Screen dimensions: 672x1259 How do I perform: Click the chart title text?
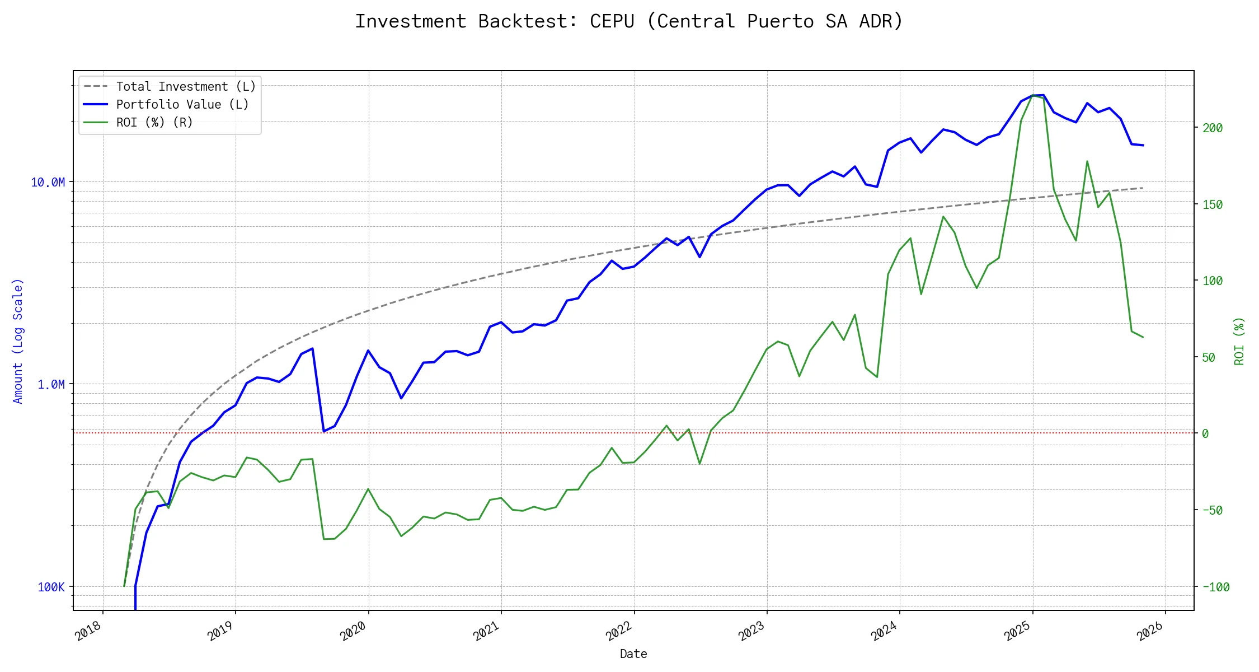click(x=629, y=21)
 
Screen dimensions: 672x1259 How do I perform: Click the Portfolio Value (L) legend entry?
click(x=182, y=104)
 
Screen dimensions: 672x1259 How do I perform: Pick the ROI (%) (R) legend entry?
click(x=154, y=122)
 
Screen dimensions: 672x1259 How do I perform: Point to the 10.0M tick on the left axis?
click(x=48, y=182)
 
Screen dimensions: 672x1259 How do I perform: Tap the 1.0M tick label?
click(x=51, y=384)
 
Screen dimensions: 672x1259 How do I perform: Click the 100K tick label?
click(x=51, y=587)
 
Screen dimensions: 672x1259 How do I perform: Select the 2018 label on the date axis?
click(x=89, y=631)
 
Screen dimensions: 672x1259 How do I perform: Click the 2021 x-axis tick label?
click(x=487, y=631)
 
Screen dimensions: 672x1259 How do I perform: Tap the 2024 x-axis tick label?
click(x=885, y=631)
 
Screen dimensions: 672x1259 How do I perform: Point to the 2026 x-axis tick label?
click(x=1151, y=631)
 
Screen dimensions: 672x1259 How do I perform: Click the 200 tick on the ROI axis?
click(x=1213, y=128)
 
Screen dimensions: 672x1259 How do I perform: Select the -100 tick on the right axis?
click(x=1215, y=587)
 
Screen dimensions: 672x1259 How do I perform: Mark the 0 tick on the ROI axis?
click(x=1205, y=433)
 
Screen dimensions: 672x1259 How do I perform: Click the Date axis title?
click(x=633, y=654)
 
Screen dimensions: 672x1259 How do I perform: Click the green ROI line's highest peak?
click(x=1033, y=96)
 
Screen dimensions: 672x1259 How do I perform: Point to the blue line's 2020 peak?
click(x=368, y=351)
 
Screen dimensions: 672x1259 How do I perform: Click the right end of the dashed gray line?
click(x=1142, y=188)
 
